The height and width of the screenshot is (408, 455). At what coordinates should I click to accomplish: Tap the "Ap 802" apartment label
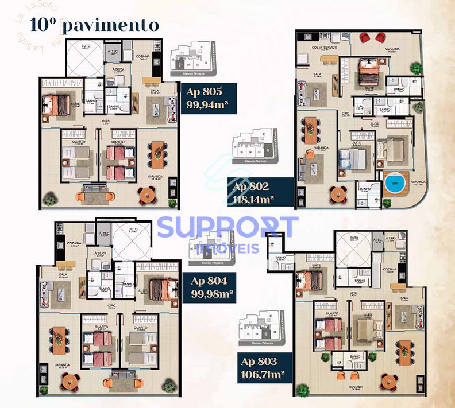click(250, 186)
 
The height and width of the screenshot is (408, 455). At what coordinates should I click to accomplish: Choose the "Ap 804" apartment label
click(210, 281)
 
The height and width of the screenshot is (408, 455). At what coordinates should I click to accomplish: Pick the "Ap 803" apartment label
click(260, 362)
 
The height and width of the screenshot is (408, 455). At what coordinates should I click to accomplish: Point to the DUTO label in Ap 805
click(86, 48)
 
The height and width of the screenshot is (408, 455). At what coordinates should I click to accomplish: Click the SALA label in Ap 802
click(317, 75)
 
